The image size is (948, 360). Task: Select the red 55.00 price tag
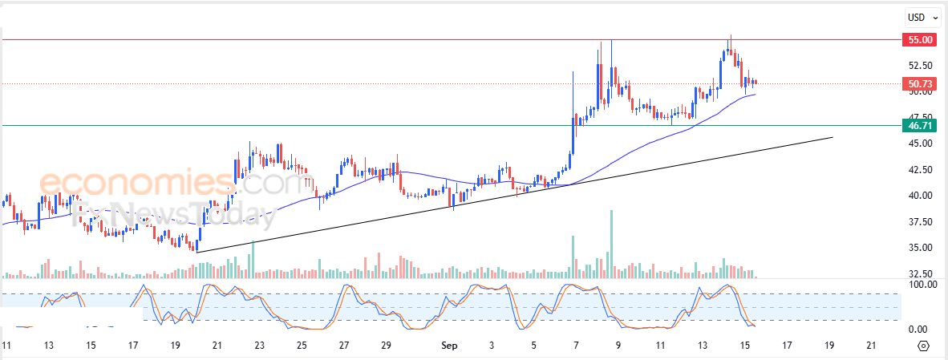pyautogui.click(x=918, y=39)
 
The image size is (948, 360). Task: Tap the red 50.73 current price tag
pyautogui.click(x=918, y=83)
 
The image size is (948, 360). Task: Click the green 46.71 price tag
pyautogui.click(x=918, y=125)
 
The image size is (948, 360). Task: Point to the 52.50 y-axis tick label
pyautogui.click(x=920, y=66)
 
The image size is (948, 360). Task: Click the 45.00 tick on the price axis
pyautogui.click(x=920, y=144)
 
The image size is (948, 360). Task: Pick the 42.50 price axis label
pyautogui.click(x=920, y=170)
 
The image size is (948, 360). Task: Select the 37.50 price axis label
pyautogui.click(x=920, y=221)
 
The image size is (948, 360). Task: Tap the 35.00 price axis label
pyautogui.click(x=920, y=247)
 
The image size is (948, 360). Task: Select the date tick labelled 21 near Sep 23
pyautogui.click(x=217, y=346)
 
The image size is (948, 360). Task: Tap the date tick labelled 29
pyautogui.click(x=385, y=346)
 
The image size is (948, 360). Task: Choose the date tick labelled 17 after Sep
pyautogui.click(x=787, y=346)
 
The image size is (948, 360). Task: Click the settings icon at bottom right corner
pyautogui.click(x=922, y=346)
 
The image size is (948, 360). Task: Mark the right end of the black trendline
pyautogui.click(x=832, y=137)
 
